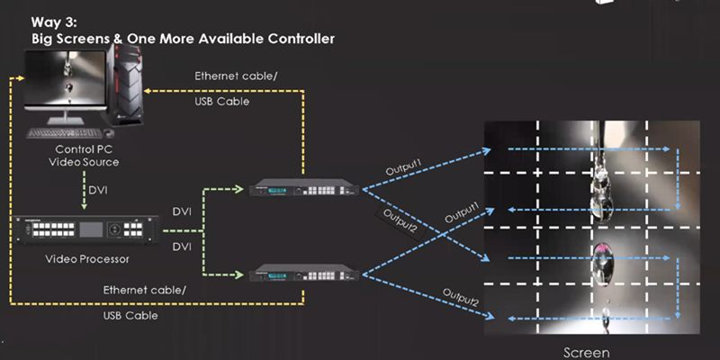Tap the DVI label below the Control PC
[x=99, y=191]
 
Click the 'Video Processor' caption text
[x=87, y=259]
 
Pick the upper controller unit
[x=304, y=187]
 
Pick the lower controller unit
[x=304, y=272]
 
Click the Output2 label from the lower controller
[x=460, y=295]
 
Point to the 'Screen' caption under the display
[x=585, y=352]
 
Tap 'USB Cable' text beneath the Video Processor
[x=131, y=316]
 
